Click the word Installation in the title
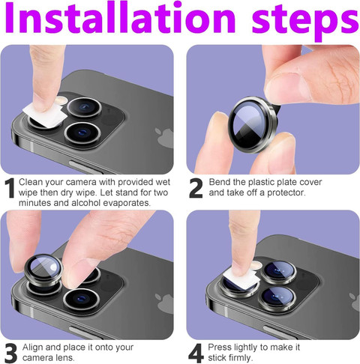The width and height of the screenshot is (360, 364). point(120,18)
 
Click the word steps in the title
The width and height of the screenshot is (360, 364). point(305,22)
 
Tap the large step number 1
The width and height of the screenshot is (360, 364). point(10,188)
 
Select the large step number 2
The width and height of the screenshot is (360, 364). point(196,188)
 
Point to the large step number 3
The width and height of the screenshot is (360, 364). point(10,354)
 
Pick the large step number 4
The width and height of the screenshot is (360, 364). point(196,354)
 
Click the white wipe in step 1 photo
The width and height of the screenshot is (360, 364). point(45,115)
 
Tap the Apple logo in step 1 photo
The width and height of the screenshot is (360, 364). point(164,138)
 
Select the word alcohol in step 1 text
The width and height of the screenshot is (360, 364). point(86,203)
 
